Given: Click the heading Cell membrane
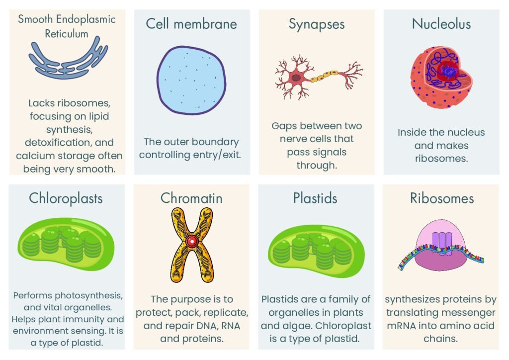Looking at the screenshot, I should pyautogui.click(x=191, y=24).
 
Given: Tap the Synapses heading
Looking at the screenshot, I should pyautogui.click(x=317, y=24).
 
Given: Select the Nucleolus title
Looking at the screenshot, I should pyautogui.click(x=441, y=24).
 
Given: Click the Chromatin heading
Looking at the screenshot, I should pyautogui.click(x=191, y=198).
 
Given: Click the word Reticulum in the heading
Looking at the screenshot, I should pyautogui.click(x=67, y=34).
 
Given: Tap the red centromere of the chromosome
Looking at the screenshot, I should pyautogui.click(x=191, y=241).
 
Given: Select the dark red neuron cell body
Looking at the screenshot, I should pyautogui.click(x=296, y=78).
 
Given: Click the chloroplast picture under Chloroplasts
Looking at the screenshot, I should pyautogui.click(x=67, y=244).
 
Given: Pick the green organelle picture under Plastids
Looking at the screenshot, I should pyautogui.click(x=317, y=244).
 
